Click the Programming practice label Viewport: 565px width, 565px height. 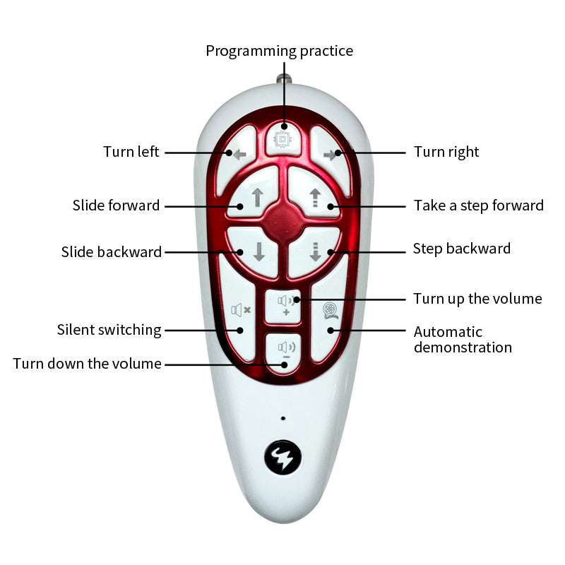[x=279, y=51]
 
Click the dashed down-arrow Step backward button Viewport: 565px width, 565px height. [x=314, y=250]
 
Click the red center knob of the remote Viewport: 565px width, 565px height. [x=284, y=220]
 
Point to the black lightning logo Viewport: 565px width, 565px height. [x=282, y=458]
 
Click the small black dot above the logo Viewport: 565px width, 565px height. [x=282, y=418]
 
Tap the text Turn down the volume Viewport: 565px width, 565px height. [x=87, y=364]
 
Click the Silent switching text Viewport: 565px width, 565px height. [x=109, y=330]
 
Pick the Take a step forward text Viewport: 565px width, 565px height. [x=478, y=206]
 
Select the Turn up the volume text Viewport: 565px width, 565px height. [x=477, y=299]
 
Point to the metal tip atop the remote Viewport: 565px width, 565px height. [x=284, y=76]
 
